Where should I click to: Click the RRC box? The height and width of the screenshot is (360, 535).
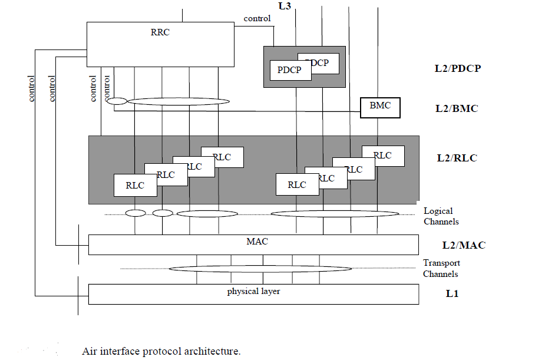tap(160, 44)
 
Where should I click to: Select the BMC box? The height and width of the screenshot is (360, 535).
tap(379, 108)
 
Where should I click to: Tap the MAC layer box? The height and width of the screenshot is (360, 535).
tap(254, 244)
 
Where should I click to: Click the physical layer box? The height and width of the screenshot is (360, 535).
tap(254, 293)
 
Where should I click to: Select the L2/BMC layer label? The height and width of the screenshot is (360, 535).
tap(457, 108)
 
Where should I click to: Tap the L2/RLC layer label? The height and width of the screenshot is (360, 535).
tap(457, 158)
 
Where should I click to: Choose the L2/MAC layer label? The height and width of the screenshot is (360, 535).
tap(464, 245)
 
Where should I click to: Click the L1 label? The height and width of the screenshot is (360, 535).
tap(452, 293)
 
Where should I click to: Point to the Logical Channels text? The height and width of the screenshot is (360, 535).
tap(441, 216)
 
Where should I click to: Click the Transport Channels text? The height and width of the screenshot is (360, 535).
tap(441, 268)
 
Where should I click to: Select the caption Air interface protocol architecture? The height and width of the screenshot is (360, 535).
tap(161, 352)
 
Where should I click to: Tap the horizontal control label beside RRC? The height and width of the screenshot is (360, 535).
tap(257, 18)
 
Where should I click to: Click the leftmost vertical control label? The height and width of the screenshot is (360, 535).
tap(31, 88)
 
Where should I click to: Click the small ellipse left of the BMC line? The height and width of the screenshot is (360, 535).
tap(116, 101)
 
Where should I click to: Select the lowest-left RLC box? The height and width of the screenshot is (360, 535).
tap(136, 185)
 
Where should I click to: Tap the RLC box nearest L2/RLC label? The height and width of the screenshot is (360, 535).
tap(383, 156)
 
